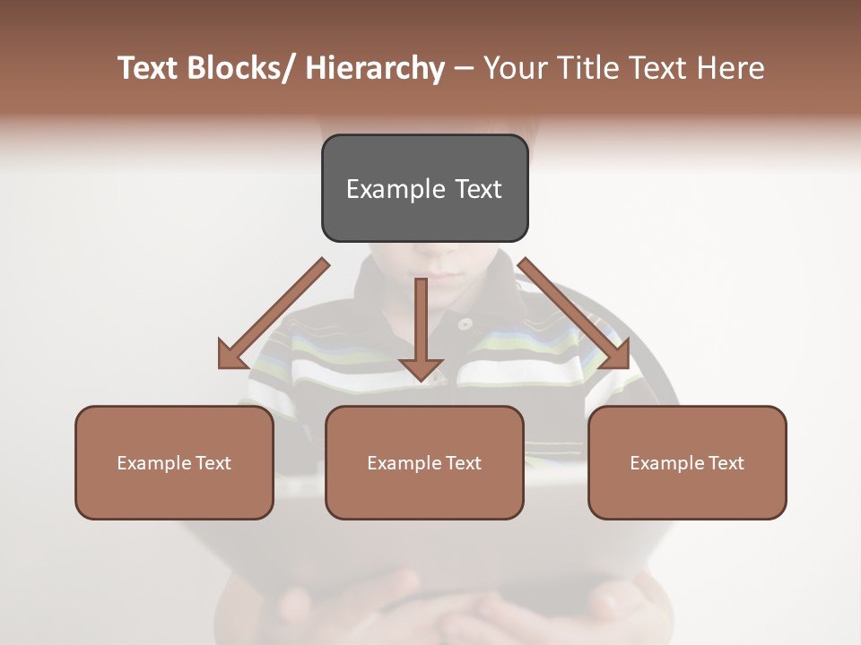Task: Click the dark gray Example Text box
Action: pyautogui.click(x=424, y=188)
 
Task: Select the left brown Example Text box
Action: pyautogui.click(x=174, y=462)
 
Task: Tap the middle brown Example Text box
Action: pyautogui.click(x=424, y=462)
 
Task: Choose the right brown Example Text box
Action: pyautogui.click(x=687, y=462)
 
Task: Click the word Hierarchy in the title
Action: pyautogui.click(x=374, y=68)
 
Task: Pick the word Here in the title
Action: pyautogui.click(x=731, y=68)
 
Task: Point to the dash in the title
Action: pyautogui.click(x=464, y=68)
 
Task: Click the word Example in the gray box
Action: pyautogui.click(x=396, y=189)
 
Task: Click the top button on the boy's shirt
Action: pyautogui.click(x=464, y=323)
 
